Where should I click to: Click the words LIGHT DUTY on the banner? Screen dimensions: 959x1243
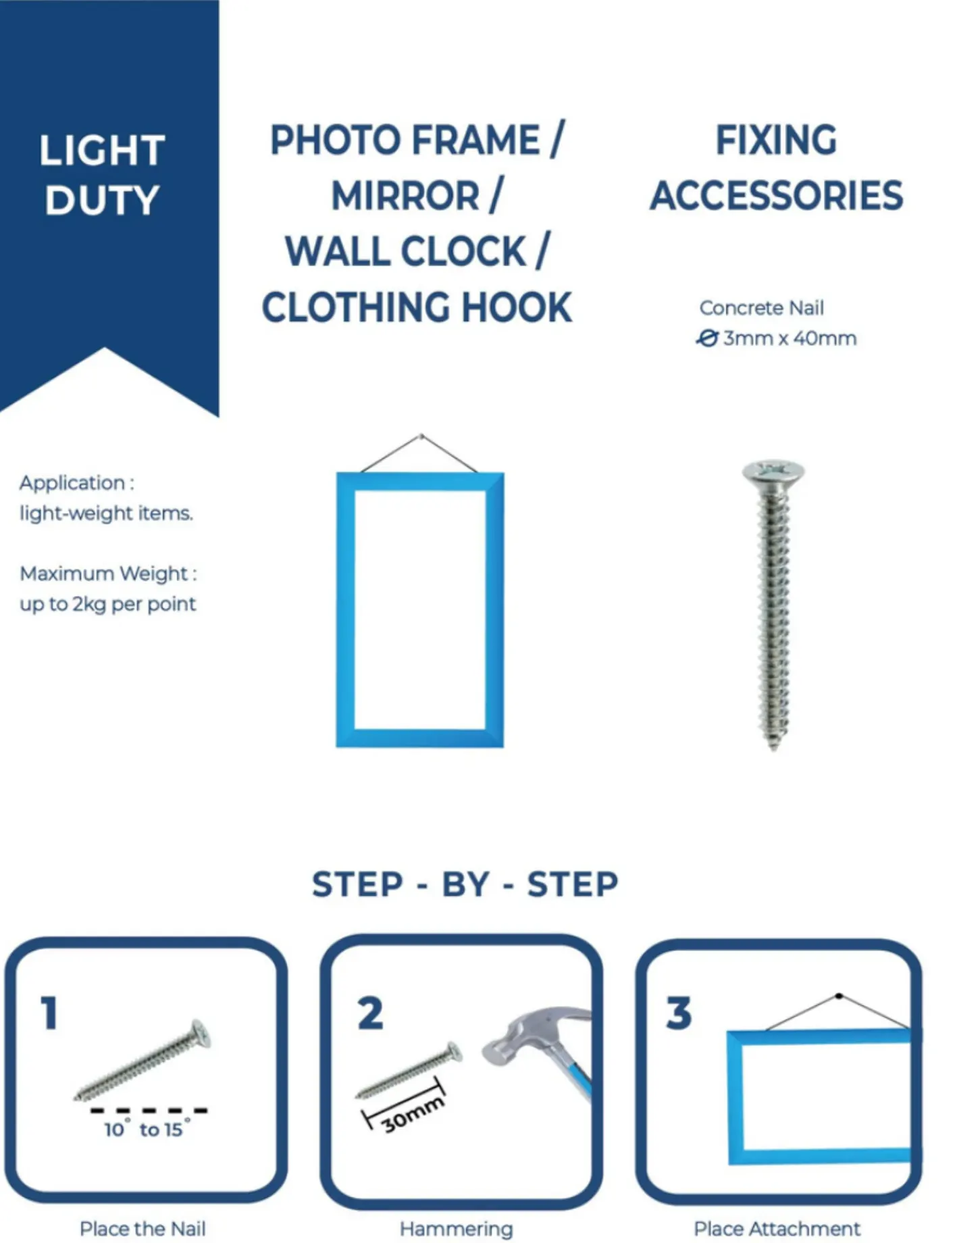point(102,175)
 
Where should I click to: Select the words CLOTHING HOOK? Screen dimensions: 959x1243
point(417,308)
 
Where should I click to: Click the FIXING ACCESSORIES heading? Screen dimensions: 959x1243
point(776,168)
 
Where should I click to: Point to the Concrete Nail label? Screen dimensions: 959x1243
point(761,308)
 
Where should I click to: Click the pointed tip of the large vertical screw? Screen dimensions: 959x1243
point(774,749)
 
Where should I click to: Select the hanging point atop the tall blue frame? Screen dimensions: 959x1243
point(421,436)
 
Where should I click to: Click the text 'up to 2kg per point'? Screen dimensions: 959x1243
point(108,604)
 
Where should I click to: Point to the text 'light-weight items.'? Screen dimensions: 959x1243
point(106,513)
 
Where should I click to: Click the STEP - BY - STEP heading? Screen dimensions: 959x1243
point(465,884)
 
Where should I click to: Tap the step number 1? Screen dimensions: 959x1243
point(49,1013)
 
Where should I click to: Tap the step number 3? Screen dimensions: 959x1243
point(679,1013)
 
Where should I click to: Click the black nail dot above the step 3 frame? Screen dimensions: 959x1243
point(839,996)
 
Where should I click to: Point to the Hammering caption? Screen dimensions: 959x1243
point(457,1229)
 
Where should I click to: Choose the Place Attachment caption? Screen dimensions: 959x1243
point(777,1228)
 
